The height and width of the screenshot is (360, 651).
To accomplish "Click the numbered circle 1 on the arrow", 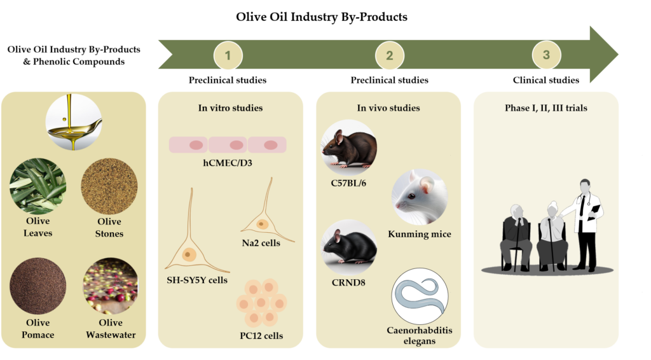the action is click(228, 55).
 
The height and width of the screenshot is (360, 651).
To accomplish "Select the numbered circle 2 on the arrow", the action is click(390, 55).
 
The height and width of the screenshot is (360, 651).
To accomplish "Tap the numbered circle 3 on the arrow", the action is click(546, 55).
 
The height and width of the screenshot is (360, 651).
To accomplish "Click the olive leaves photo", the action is click(38, 186).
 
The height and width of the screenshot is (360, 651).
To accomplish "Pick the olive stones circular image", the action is click(109, 186).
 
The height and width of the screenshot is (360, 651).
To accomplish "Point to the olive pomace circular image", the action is click(38, 286).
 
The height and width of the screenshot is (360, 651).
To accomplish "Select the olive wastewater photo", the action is click(111, 286).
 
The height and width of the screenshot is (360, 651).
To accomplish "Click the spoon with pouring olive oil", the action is click(74, 122).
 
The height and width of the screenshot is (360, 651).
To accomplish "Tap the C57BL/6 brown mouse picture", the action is click(349, 148).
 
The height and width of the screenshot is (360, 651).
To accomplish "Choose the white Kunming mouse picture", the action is click(420, 197).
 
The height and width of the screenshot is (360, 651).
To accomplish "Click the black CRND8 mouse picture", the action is click(349, 247).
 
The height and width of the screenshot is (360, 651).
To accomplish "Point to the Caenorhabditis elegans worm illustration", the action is click(420, 296).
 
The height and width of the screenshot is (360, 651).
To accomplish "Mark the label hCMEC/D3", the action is click(228, 163).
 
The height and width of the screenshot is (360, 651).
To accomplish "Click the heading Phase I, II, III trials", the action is click(546, 108).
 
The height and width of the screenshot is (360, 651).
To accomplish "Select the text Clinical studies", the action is click(546, 80).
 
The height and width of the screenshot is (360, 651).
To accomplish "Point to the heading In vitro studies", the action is click(230, 108).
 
